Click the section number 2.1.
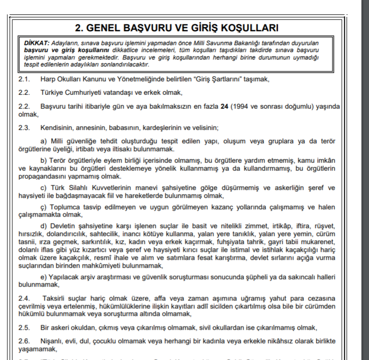[24, 79]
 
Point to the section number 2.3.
[24, 127]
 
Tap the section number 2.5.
[24, 327]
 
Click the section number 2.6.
[24, 342]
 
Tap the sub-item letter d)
[44, 226]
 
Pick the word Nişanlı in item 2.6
[54, 342]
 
